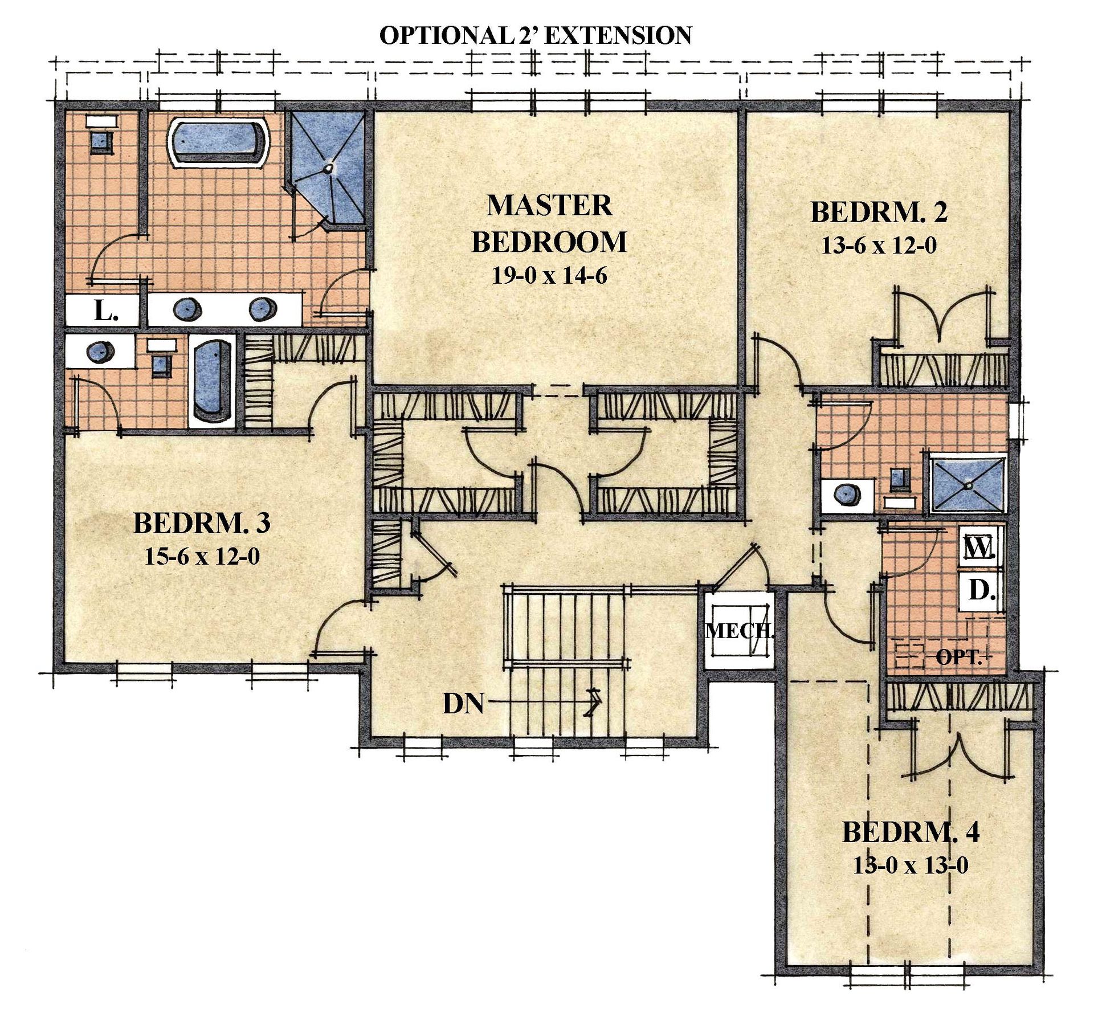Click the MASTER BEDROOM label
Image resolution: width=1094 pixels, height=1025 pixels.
tap(549, 224)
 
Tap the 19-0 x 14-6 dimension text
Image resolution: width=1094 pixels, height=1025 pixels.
tap(549, 276)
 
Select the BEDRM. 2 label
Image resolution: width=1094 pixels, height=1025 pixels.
tap(879, 213)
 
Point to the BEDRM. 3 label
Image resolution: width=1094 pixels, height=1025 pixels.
tap(202, 523)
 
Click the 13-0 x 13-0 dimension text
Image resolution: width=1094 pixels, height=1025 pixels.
tap(911, 866)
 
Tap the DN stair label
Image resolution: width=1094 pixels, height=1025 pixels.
tap(463, 704)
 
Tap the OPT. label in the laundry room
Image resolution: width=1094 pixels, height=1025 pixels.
tap(960, 658)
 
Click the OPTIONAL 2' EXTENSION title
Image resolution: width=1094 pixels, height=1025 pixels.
tap(536, 35)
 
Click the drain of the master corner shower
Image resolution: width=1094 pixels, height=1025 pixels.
tap(328, 169)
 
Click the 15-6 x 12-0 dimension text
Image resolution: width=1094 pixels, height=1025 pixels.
tap(202, 556)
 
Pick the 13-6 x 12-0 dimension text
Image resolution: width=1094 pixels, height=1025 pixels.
tap(879, 246)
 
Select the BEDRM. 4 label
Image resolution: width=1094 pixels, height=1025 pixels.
tap(911, 832)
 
